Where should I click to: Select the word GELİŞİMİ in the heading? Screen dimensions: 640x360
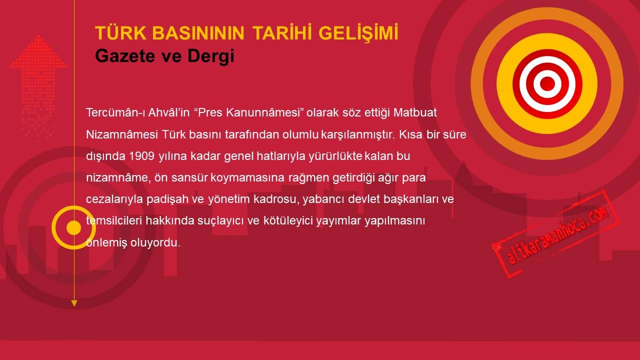point(358,33)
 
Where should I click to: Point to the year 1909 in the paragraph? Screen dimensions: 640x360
point(141,156)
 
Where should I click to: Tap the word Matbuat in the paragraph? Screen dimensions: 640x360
point(415,112)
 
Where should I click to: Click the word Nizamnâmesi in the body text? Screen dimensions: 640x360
point(122,134)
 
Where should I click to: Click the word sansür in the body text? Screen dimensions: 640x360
point(189,177)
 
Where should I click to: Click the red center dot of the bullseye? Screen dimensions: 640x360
point(547,83)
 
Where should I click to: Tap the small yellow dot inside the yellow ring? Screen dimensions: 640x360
point(73,227)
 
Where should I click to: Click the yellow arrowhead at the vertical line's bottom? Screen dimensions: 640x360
point(74,303)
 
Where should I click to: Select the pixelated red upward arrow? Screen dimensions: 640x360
point(38,85)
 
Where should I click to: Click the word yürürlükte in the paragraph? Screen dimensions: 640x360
point(335,156)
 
